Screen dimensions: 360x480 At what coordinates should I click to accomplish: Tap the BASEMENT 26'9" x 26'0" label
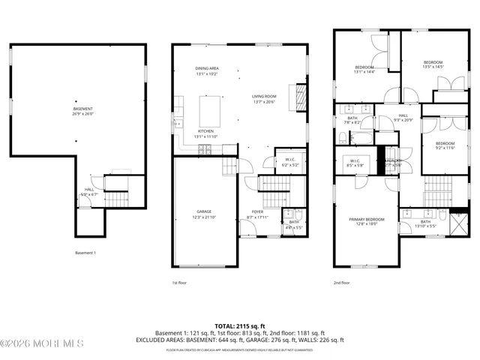[x=83, y=111]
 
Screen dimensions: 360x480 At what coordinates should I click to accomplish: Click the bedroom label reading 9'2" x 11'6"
[x=445, y=145]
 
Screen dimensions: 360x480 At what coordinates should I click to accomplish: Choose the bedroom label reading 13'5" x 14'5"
[x=433, y=64]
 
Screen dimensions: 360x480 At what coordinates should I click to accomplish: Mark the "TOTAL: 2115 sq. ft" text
[x=239, y=325]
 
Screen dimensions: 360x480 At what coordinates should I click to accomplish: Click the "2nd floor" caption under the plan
[x=342, y=283]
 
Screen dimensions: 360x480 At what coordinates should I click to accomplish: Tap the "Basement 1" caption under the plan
[x=85, y=253]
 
